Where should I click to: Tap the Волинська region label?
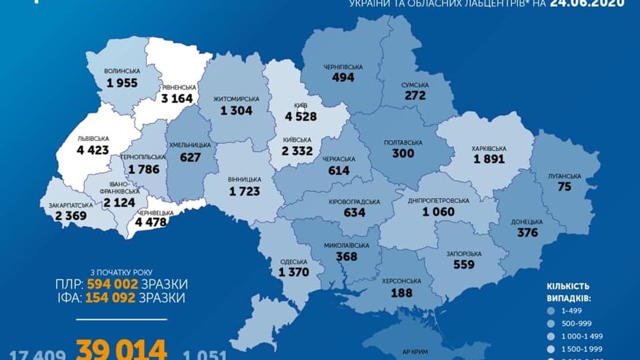(x=122, y=71)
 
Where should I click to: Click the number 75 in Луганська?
(x=564, y=187)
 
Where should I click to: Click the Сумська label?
(x=413, y=85)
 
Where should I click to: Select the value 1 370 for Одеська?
(x=293, y=272)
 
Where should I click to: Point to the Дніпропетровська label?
(x=438, y=201)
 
